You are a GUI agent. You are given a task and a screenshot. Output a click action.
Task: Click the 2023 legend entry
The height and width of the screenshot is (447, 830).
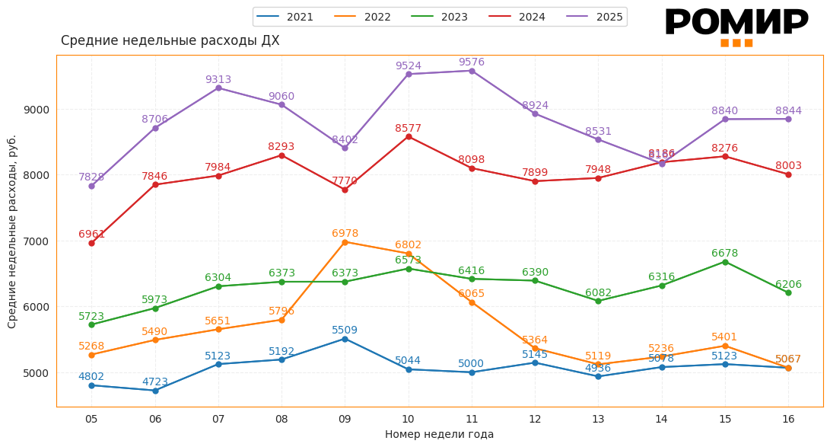coord(439,17)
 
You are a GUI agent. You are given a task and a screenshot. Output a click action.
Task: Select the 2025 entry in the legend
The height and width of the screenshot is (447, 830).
coord(595,17)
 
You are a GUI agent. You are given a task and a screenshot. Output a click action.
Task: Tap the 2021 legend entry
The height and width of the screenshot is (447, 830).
coord(285,17)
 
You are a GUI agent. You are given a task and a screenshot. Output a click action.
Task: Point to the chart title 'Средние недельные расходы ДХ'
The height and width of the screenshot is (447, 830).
coord(170,41)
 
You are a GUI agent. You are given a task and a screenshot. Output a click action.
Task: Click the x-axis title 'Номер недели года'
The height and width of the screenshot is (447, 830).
coord(439,435)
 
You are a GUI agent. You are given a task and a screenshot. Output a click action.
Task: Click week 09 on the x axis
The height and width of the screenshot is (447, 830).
coord(345,419)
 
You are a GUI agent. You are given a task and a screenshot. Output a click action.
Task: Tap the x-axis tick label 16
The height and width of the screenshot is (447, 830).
coord(788,419)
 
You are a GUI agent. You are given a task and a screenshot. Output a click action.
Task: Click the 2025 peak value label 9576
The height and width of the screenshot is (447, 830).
coord(471,62)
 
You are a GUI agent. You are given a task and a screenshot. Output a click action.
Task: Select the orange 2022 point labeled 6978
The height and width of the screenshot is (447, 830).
coord(345,242)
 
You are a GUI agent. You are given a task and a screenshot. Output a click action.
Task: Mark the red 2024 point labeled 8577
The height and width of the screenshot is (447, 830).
coord(409,137)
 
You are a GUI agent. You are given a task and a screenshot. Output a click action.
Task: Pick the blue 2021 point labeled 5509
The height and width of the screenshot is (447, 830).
coord(345,339)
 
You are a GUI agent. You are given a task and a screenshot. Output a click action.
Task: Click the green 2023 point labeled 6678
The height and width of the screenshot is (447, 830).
coord(725,262)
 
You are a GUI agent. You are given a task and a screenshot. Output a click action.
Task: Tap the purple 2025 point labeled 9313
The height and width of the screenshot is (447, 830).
coord(218,88)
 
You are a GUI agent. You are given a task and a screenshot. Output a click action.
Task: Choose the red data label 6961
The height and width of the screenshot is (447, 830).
coord(91,235)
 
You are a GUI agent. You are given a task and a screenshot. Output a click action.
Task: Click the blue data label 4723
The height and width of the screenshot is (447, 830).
coord(155,382)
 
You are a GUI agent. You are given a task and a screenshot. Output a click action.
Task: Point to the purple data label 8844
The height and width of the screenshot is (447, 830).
coord(788,111)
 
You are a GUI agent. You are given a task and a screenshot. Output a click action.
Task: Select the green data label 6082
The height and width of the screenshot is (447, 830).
coord(598,293)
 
